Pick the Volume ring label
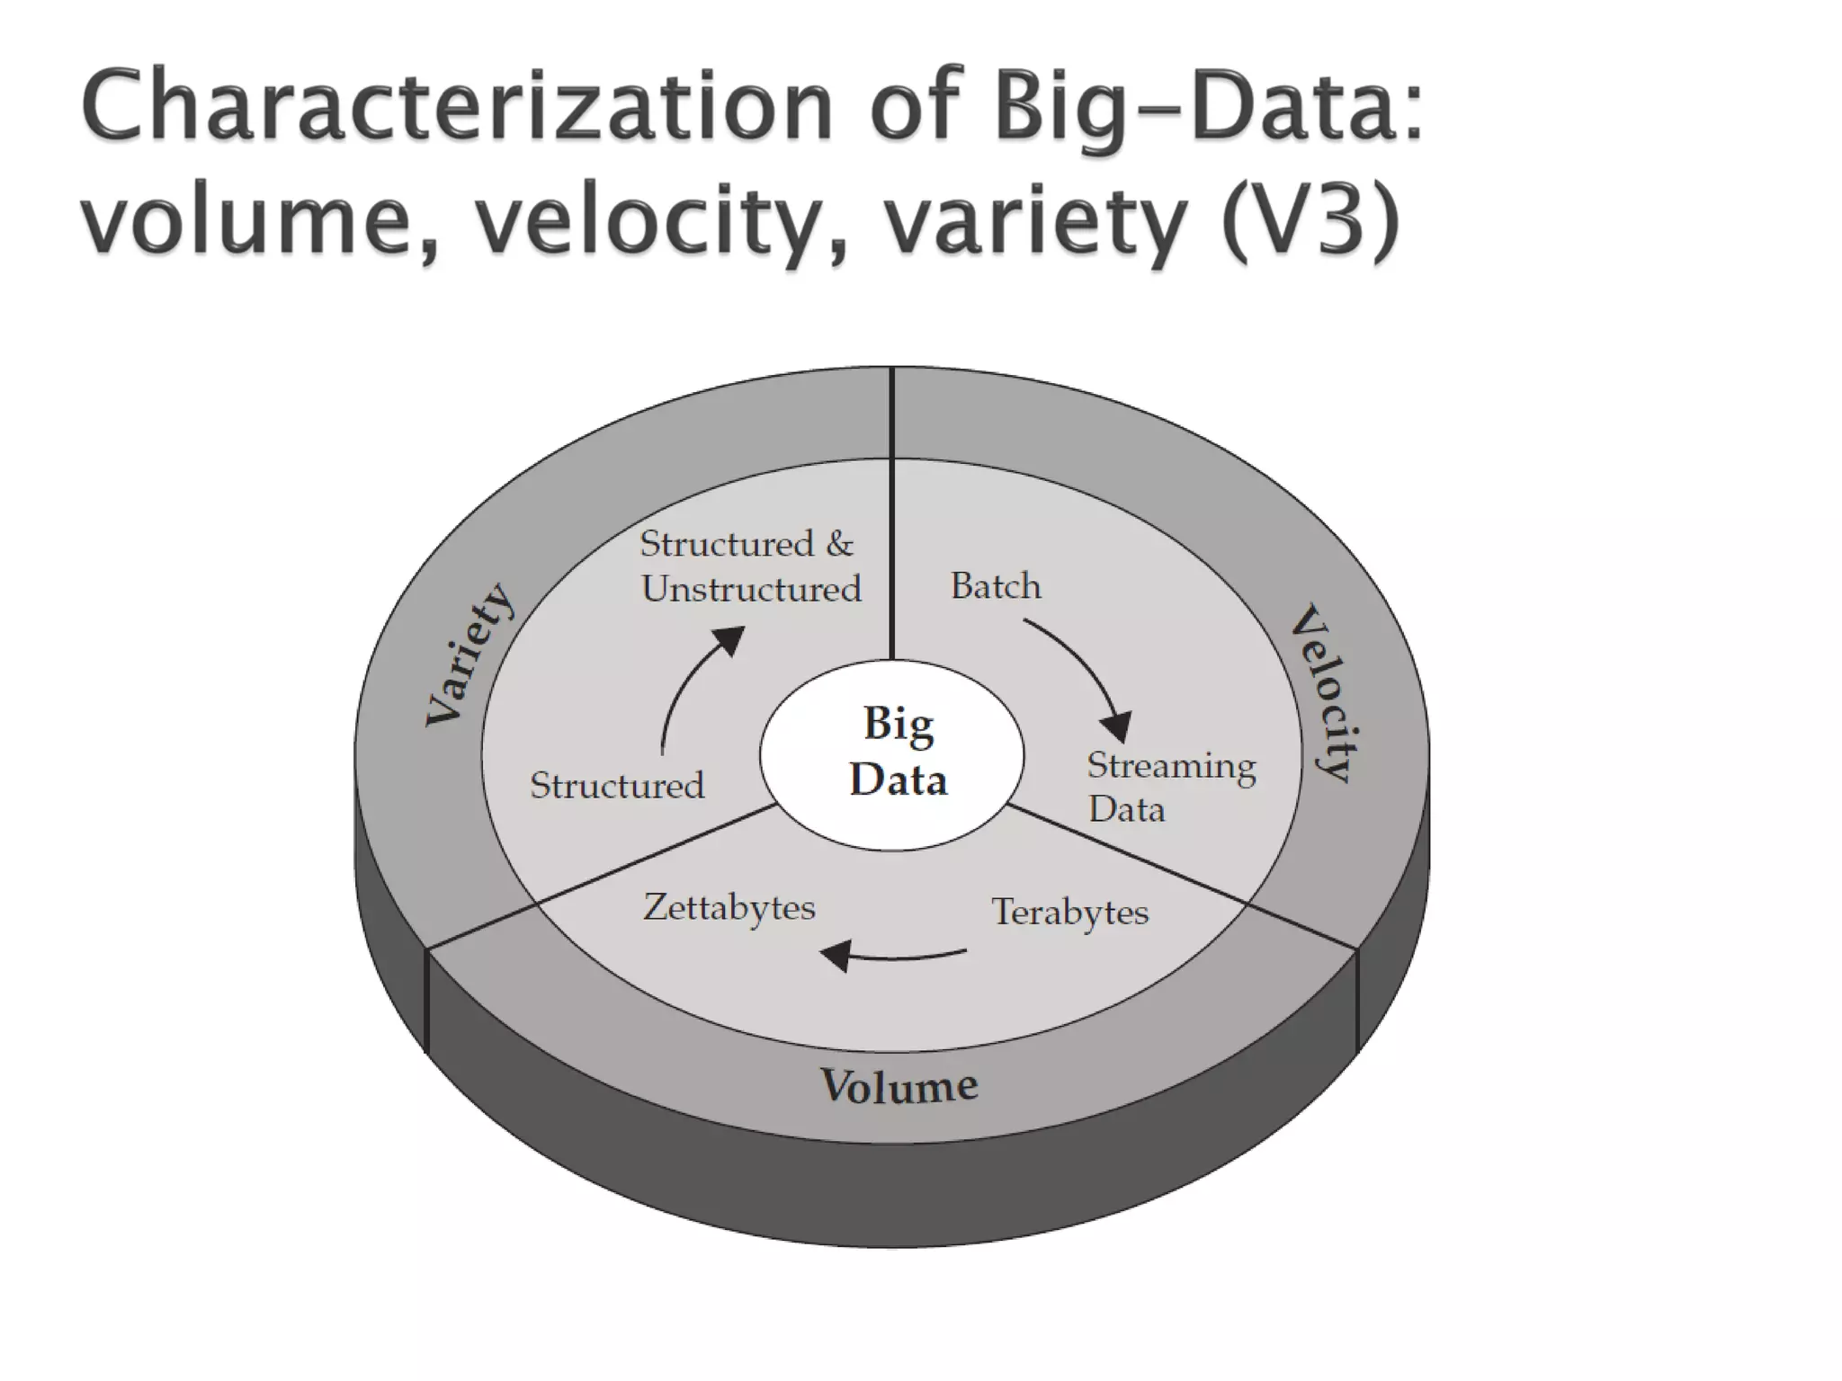(x=899, y=1085)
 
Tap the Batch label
(x=996, y=586)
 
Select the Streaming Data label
(x=1169, y=787)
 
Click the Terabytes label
(x=1069, y=912)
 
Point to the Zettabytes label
(x=729, y=907)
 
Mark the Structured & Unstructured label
(x=749, y=566)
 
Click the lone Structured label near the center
(x=617, y=786)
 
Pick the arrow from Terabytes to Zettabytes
(x=890, y=955)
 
